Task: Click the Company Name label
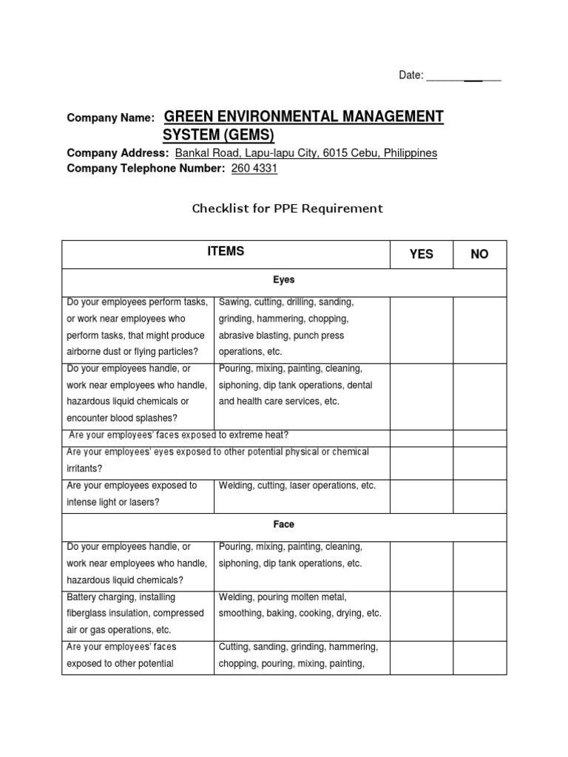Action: click(x=110, y=118)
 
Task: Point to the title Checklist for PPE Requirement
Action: click(x=288, y=208)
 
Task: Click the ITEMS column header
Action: click(x=226, y=252)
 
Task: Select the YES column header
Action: click(x=421, y=254)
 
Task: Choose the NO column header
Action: click(x=479, y=254)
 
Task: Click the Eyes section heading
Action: click(x=284, y=281)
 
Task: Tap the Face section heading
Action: click(x=284, y=524)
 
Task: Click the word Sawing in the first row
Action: click(x=234, y=302)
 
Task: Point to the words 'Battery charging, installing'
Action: click(x=121, y=597)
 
